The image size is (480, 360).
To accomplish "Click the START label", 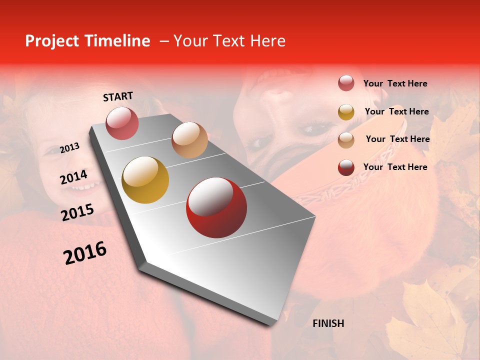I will coord(118,96).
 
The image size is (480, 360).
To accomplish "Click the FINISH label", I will coord(328,323).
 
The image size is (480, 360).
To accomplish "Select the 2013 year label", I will coord(69,148).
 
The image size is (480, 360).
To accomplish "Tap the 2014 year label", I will coord(73,177).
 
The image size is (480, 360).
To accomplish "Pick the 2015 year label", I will coord(77,212).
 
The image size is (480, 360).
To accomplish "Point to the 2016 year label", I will coord(85,253).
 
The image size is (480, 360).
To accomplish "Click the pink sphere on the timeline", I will coord(122,123).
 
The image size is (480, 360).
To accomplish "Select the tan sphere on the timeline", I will coord(189,140).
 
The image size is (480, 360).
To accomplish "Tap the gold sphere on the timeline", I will coord(145,180).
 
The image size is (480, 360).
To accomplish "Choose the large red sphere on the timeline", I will coord(216,207).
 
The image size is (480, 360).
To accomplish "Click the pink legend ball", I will coord(346,83).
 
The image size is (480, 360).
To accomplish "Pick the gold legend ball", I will coord(346,112).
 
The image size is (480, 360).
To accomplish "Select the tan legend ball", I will coord(346,140).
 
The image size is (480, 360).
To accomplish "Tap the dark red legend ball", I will coord(346,167).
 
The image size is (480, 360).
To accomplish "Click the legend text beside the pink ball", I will coord(395,83).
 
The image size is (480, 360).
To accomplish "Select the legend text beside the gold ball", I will coord(396,111).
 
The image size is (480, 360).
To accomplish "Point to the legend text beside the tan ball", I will coord(397,139).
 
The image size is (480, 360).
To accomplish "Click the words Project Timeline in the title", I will coord(87,41).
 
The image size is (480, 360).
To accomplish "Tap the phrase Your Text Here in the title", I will coord(229,41).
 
